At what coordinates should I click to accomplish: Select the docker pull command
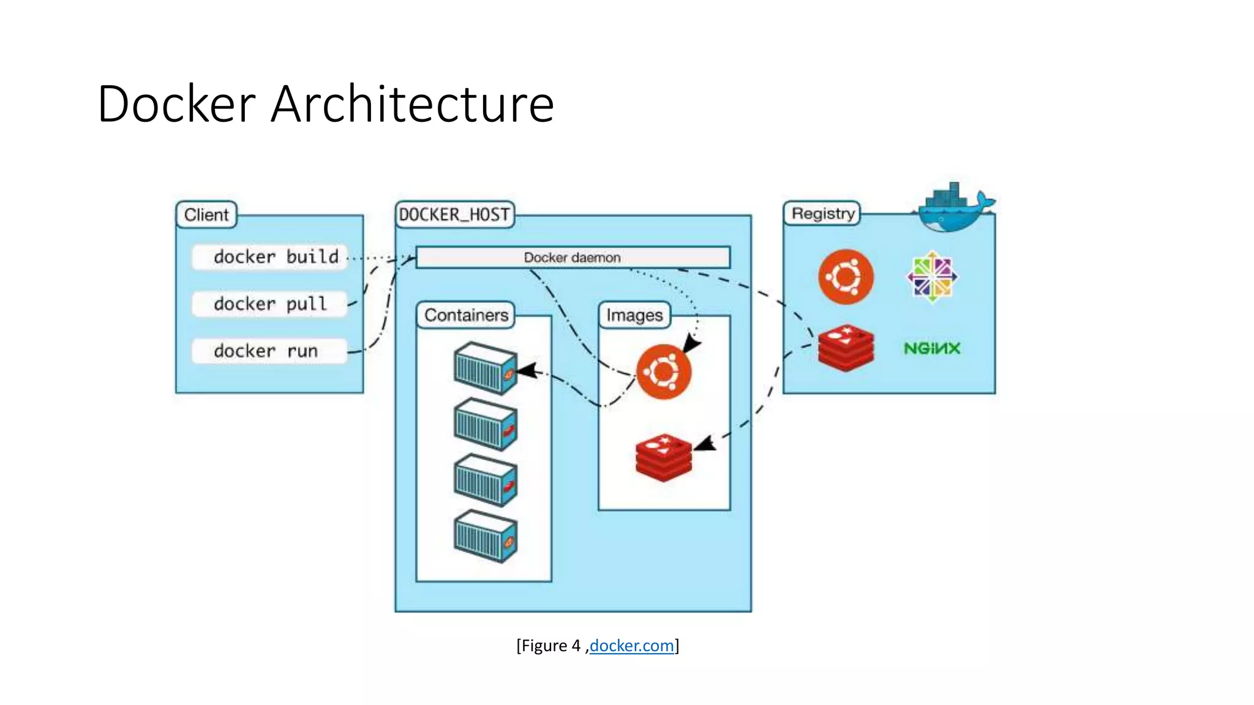pyautogui.click(x=269, y=304)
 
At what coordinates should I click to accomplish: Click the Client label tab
pyautogui.click(x=206, y=215)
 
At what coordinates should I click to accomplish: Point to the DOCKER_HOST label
pyautogui.click(x=454, y=215)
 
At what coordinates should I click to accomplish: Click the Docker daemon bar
pyautogui.click(x=573, y=258)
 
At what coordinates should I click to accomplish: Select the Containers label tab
pyautogui.click(x=466, y=315)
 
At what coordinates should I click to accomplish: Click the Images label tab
pyautogui.click(x=634, y=315)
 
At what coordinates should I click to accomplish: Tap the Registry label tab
pyautogui.click(x=822, y=214)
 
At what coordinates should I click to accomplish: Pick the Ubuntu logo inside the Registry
pyautogui.click(x=846, y=277)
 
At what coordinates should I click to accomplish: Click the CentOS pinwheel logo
pyautogui.click(x=932, y=277)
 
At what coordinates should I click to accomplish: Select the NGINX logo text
pyautogui.click(x=932, y=348)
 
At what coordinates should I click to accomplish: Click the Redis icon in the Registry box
pyautogui.click(x=846, y=348)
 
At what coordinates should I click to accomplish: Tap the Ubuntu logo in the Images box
pyautogui.click(x=664, y=371)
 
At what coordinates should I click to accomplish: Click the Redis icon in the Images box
pyautogui.click(x=664, y=457)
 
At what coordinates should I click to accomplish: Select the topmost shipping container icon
pyautogui.click(x=486, y=368)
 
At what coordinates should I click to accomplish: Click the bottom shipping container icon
pyautogui.click(x=486, y=536)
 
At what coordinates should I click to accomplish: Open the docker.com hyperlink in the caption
pyautogui.click(x=631, y=646)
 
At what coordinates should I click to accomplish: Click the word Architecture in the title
pyautogui.click(x=412, y=104)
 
